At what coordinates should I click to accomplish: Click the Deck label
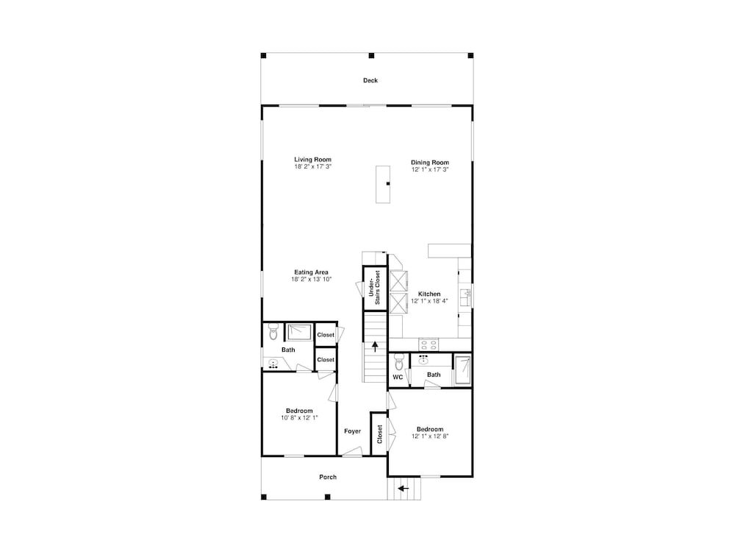[370, 80]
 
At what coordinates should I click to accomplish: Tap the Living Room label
[312, 160]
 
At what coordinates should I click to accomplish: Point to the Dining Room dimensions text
[430, 169]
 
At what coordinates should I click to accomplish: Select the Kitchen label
[429, 294]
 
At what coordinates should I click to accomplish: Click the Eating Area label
[311, 272]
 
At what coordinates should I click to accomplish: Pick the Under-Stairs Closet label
[374, 287]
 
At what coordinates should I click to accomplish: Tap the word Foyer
[353, 431]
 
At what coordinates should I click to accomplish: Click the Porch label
[328, 477]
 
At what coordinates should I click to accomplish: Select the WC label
[398, 377]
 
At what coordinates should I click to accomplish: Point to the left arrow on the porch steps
[403, 488]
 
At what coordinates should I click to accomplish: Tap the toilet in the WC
[399, 362]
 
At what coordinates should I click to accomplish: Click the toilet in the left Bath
[273, 333]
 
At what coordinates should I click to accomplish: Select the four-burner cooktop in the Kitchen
[428, 344]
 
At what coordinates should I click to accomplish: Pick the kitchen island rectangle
[383, 184]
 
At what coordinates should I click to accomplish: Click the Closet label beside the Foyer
[380, 434]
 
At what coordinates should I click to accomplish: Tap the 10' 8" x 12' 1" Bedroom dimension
[300, 418]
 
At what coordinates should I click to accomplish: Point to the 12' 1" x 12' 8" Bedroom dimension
[430, 436]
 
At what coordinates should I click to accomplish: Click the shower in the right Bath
[462, 370]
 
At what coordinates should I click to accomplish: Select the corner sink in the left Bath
[273, 364]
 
